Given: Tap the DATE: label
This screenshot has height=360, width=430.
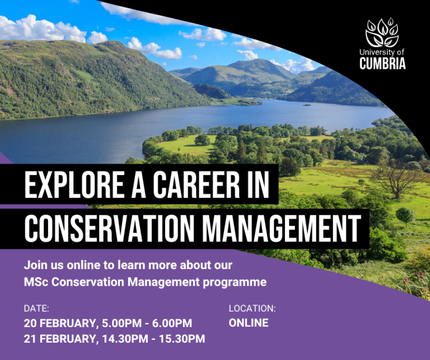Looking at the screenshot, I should (x=36, y=308).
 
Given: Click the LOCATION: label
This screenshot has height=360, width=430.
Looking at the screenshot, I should (x=252, y=308).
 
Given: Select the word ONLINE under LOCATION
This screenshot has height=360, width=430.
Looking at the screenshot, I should (x=249, y=323).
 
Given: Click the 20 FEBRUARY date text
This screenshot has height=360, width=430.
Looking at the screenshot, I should (x=59, y=323).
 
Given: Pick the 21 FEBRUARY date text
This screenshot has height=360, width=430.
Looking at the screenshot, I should (x=59, y=338).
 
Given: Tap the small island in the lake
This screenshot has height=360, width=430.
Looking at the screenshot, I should (x=307, y=104).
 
